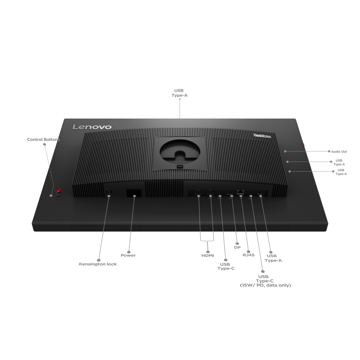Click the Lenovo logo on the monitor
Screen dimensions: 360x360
pos(92,127)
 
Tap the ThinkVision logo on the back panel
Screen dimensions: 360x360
pos(262,136)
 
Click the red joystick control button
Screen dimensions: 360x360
pos(59,191)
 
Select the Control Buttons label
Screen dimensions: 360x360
pos(43,139)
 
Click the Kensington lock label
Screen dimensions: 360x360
pos(98,264)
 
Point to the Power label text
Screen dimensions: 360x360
pos(128,255)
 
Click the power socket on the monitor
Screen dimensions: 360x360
pos(134,193)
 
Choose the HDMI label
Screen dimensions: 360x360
pos(208,256)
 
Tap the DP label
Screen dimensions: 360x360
pos(237,247)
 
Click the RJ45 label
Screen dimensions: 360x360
pos(248,255)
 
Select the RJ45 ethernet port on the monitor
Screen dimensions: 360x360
pos(240,192)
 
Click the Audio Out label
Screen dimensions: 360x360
pos(339,152)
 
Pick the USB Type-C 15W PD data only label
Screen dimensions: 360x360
pos(265,281)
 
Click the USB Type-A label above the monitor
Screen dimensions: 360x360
pos(179,93)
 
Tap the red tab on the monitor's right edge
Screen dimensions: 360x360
pos(303,145)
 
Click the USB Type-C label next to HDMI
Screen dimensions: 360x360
pos(226,266)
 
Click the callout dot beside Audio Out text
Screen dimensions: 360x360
pos(329,151)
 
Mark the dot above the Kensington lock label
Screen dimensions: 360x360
pos(99,260)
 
